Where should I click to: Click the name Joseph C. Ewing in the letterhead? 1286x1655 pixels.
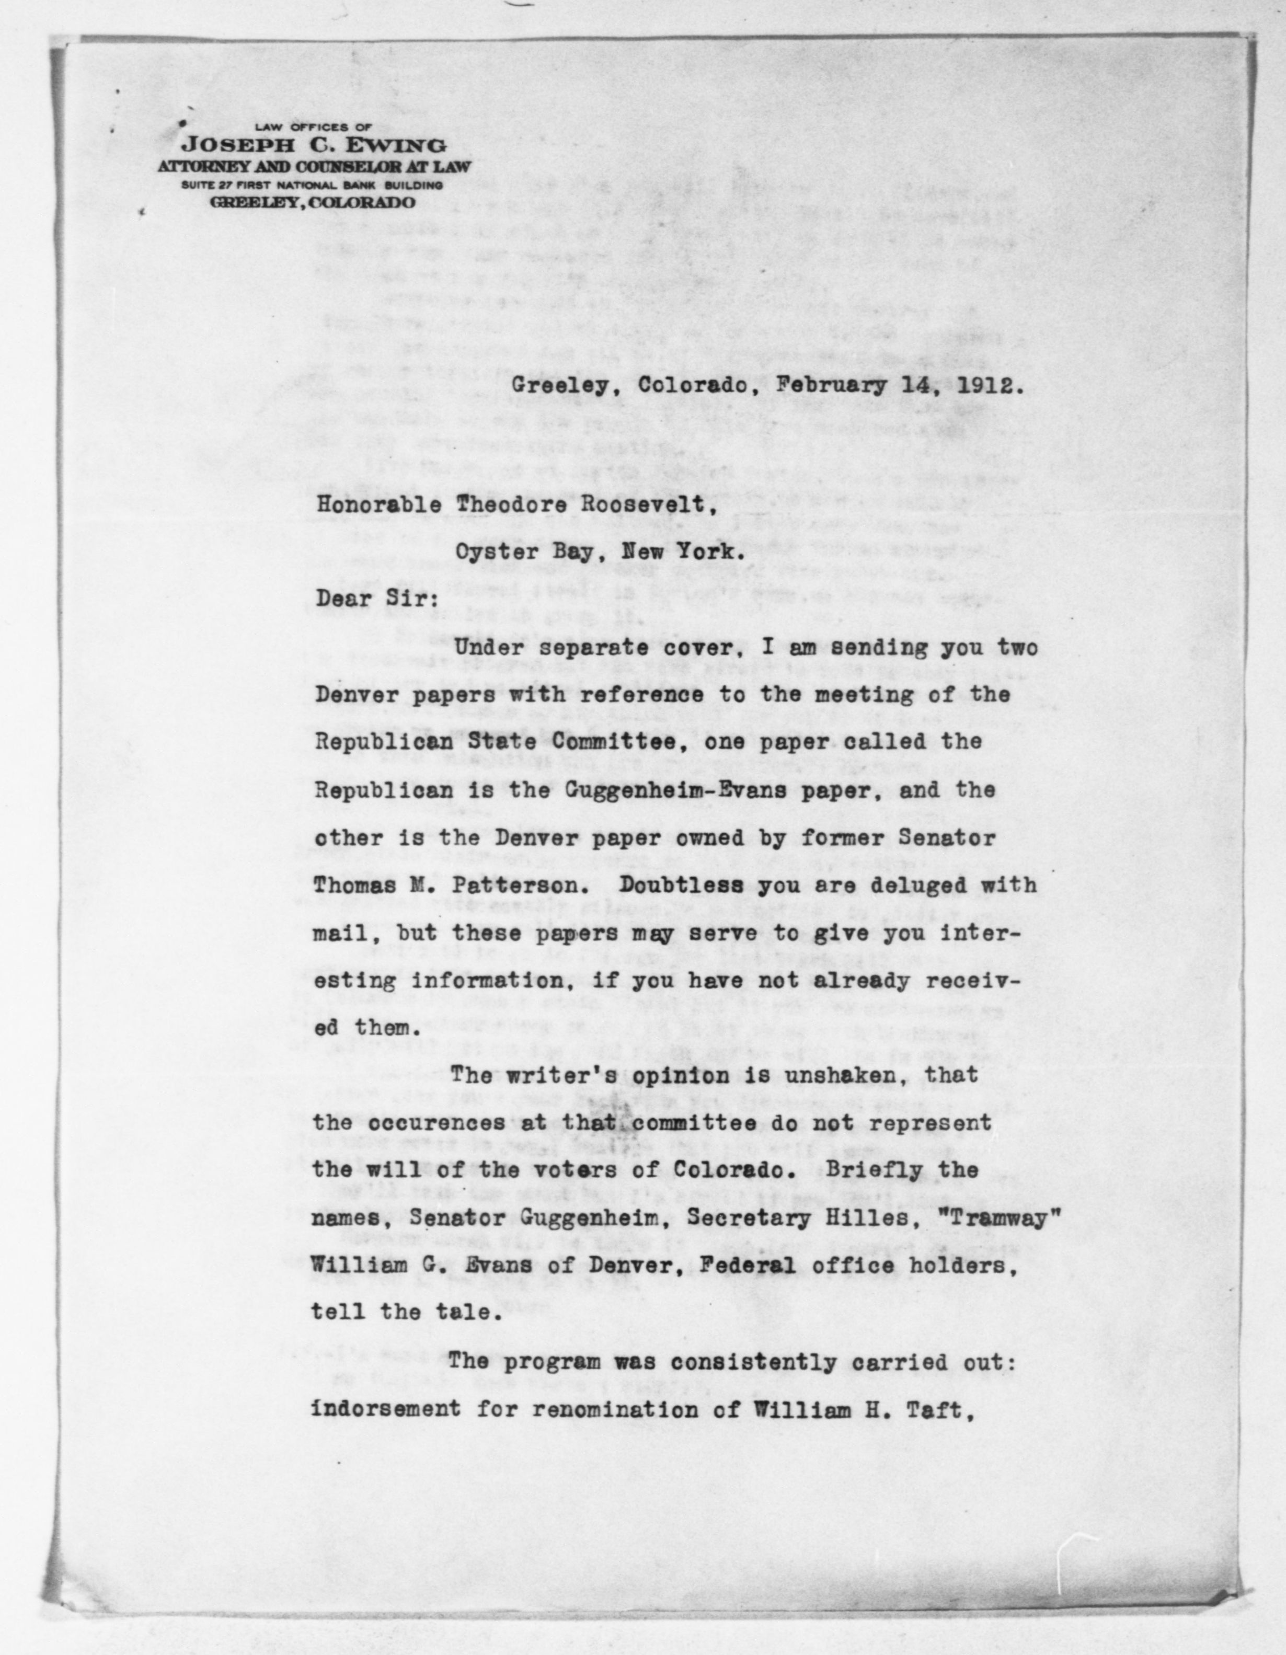[x=314, y=146]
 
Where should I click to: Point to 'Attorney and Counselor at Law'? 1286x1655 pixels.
[x=314, y=167]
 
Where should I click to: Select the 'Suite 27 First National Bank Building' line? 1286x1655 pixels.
[x=312, y=185]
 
